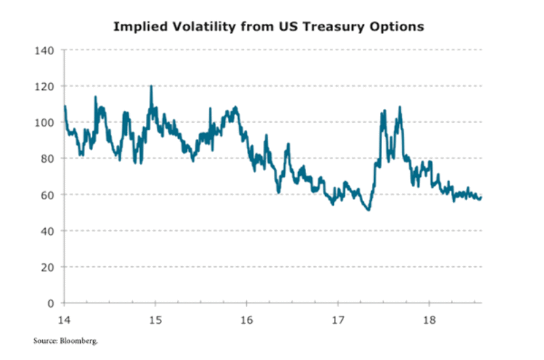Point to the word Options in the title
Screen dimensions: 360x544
click(401, 27)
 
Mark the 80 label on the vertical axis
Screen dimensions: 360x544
click(48, 159)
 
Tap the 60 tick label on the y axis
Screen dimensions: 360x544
click(48, 195)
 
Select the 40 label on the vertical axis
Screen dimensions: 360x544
click(48, 231)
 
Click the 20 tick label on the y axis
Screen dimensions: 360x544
click(48, 267)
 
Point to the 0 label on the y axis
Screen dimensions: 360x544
click(50, 303)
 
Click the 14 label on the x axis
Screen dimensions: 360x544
click(64, 318)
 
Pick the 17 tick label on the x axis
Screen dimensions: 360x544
click(337, 318)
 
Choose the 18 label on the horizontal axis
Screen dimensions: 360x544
click(428, 318)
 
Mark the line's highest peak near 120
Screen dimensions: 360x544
click(151, 86)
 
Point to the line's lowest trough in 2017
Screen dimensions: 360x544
click(368, 210)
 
